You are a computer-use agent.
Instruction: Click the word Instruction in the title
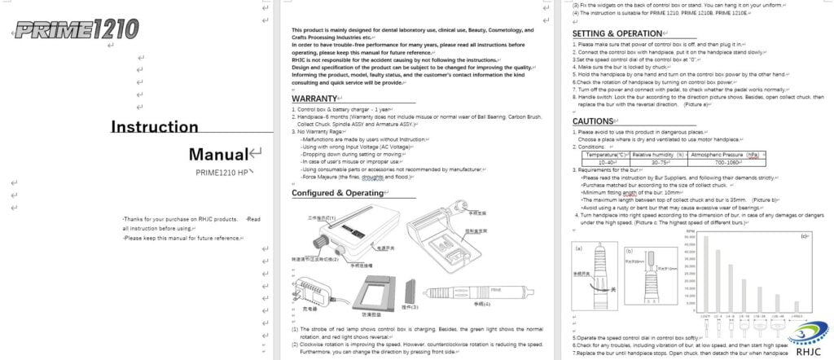click(154, 126)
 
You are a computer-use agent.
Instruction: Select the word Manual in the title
click(217, 154)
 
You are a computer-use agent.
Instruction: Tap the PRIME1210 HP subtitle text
click(222, 173)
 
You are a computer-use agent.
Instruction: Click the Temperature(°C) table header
click(604, 154)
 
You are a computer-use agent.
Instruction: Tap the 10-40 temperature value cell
click(604, 161)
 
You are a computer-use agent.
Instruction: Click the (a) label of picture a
click(579, 246)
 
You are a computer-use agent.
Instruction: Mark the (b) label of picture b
click(629, 251)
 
